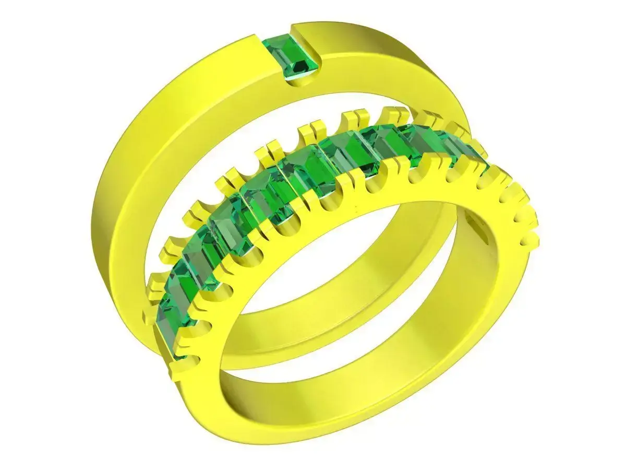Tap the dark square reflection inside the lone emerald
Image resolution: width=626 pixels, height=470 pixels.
coord(299,66)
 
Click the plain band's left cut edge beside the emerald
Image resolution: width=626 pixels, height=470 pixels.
coord(260,47)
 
